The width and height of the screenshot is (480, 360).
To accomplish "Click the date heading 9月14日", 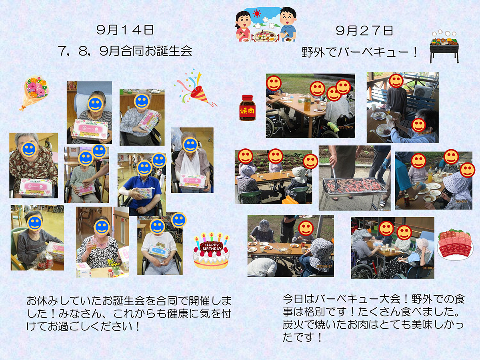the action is [x=125, y=30].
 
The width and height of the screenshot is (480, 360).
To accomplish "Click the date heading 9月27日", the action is [x=364, y=31].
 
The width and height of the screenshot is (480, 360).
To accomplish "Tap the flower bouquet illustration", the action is [x=34, y=93].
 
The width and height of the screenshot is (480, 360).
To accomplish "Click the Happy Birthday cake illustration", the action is [x=211, y=251].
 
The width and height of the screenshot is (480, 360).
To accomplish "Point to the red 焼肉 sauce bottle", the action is [x=247, y=108].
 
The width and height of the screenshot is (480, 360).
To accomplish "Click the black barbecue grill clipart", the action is [x=444, y=47].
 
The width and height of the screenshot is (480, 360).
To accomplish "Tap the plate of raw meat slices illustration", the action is [x=455, y=245].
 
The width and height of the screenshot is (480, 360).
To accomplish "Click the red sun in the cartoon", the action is [x=257, y=14].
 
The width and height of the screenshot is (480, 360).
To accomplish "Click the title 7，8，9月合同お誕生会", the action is [x=125, y=51].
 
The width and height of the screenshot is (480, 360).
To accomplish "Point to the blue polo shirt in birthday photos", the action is [x=142, y=192].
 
